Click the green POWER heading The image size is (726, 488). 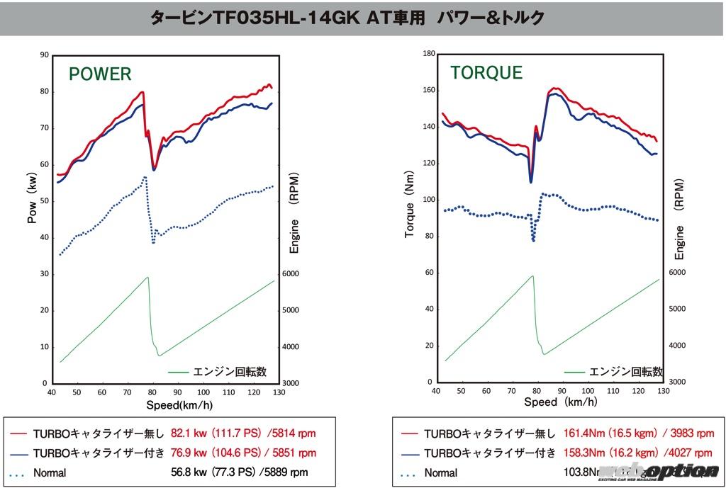(100, 74)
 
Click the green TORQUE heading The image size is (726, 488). (486, 72)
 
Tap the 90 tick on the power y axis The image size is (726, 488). (45, 55)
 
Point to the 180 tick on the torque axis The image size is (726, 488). (428, 54)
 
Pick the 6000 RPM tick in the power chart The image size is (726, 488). (291, 274)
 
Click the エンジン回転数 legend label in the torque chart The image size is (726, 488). (625, 371)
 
